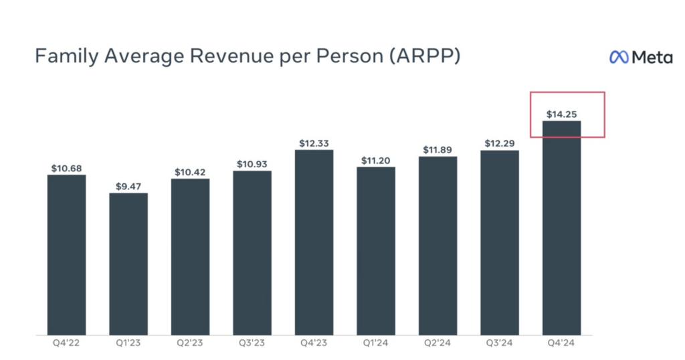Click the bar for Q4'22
[67, 254]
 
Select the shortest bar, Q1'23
[128, 264]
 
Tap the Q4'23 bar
[314, 242]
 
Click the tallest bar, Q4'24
[561, 228]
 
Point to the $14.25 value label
[561, 114]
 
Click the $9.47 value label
[128, 186]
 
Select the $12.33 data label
[314, 143]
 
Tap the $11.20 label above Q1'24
[376, 160]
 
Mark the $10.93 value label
[252, 164]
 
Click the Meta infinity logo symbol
[619, 58]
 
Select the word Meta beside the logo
[652, 58]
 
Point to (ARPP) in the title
[421, 57]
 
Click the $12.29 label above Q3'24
[500, 143]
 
